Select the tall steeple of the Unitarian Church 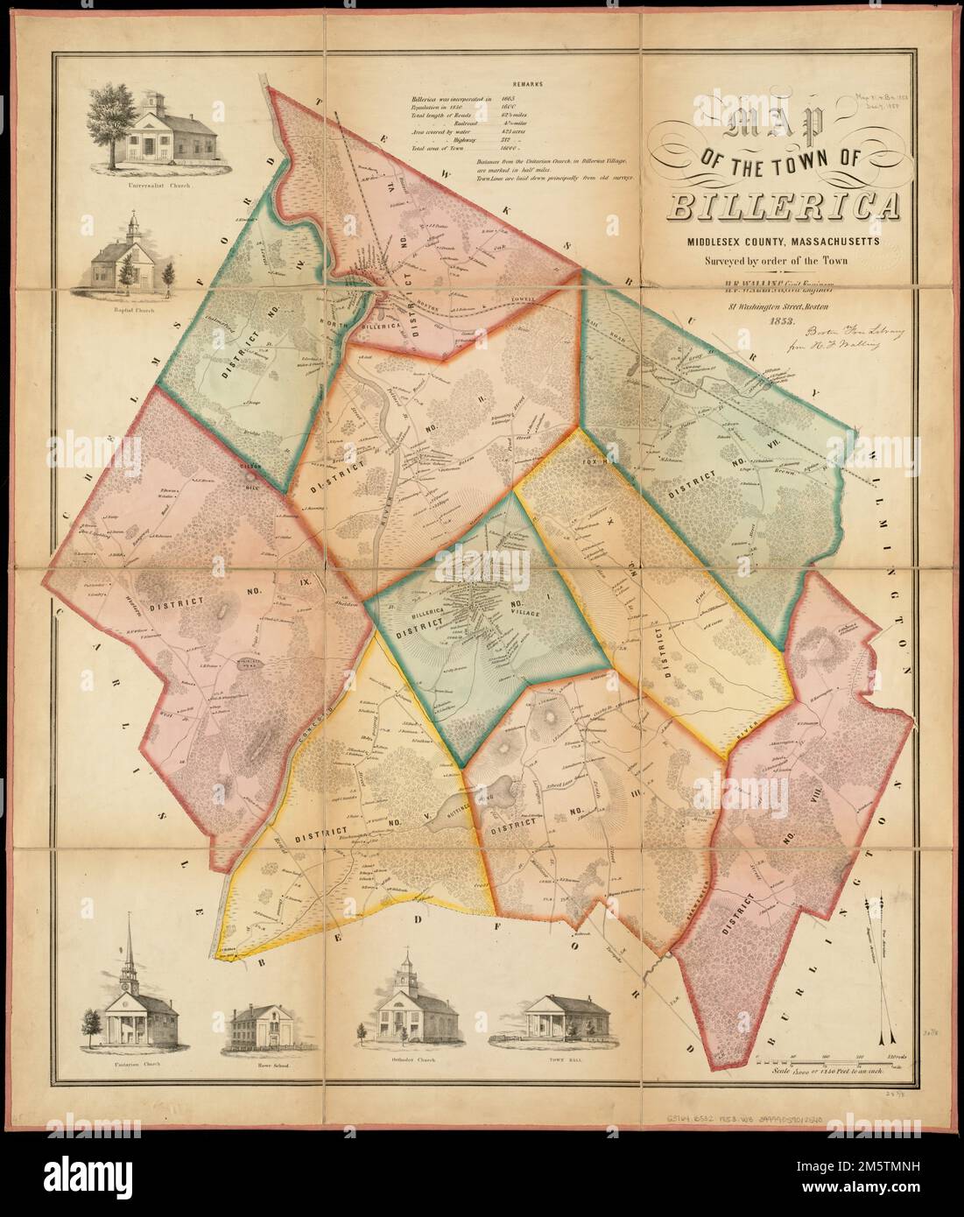(x=130, y=950)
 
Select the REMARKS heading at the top (x=524, y=85)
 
